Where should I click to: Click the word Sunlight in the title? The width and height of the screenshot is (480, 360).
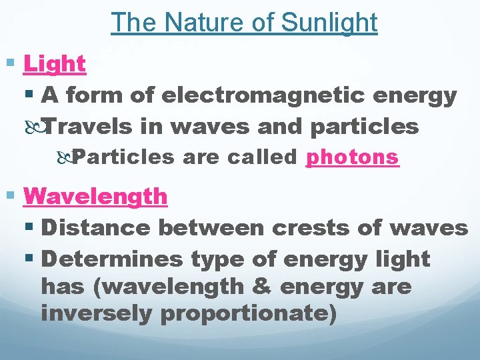pos(329,23)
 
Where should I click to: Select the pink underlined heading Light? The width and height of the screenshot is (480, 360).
pos(55,64)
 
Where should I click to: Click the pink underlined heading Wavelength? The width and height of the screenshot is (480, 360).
pos(95,196)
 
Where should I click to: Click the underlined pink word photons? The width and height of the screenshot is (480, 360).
pos(352,157)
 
